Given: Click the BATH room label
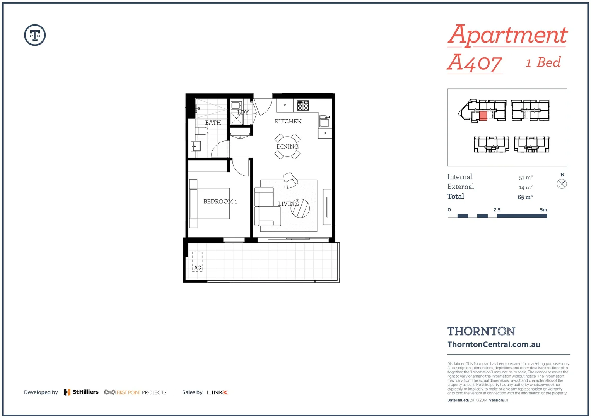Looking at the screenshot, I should point(213,123).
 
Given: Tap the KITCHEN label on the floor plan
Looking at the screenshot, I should point(288,122).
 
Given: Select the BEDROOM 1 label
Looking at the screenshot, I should point(220,202).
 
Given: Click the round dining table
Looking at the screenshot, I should point(287,147).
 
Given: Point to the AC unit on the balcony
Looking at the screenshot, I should point(197,262).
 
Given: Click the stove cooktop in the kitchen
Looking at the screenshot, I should point(303,105).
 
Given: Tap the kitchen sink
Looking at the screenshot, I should point(324,121).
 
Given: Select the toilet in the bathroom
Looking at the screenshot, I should point(202,131).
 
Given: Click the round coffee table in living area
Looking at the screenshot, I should point(300,208).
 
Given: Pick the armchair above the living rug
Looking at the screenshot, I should point(290,180).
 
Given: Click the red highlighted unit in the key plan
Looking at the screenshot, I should point(483,116).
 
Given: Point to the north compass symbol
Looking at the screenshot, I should point(562,184).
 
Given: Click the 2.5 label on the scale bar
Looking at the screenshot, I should point(497,210).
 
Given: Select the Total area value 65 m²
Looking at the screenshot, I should point(525,197).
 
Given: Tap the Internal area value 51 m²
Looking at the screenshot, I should point(526,178).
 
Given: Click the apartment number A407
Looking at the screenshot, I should point(475,63).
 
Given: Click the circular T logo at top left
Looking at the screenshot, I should point(35,35).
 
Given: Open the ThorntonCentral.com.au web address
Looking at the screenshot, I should point(494,344).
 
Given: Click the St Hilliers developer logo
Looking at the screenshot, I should point(81,392).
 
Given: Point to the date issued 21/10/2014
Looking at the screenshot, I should point(478,400).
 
